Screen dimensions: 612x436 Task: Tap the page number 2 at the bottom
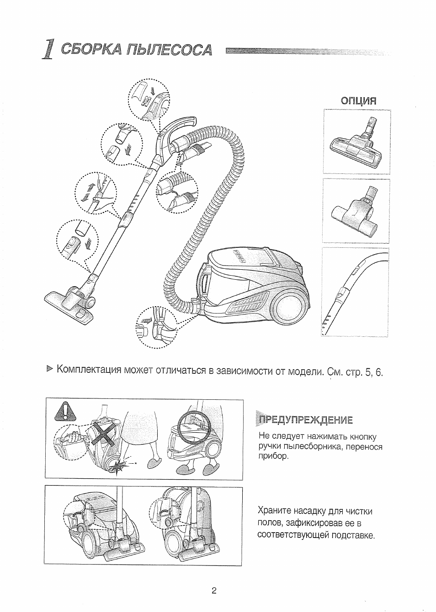pyautogui.click(x=213, y=591)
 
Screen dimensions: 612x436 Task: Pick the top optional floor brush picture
pyautogui.click(x=357, y=143)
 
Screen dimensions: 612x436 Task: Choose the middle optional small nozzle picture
pyautogui.click(x=357, y=211)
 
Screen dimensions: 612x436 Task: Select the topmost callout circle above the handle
pyautogui.click(x=148, y=100)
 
